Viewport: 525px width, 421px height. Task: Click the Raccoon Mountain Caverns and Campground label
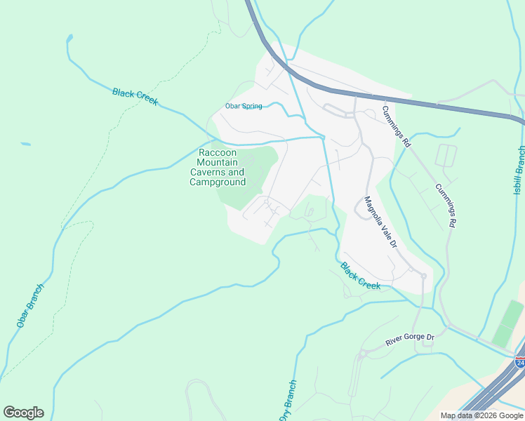[x=218, y=168]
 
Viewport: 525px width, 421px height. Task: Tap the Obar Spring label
[x=243, y=107]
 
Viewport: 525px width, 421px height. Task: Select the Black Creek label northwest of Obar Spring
[x=135, y=97]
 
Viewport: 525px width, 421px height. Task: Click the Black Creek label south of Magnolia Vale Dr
[x=360, y=276]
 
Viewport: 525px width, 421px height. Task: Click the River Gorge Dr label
[x=411, y=340]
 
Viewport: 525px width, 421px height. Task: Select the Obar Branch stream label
[x=30, y=306]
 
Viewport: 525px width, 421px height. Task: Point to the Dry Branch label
[x=288, y=401]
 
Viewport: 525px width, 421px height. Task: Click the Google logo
[x=23, y=413]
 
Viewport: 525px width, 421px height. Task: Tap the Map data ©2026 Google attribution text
[x=481, y=415]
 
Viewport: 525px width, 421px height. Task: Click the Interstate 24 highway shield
[x=520, y=362]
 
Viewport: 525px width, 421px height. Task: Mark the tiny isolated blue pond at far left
[x=25, y=144]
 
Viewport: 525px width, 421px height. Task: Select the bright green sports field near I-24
[x=508, y=323]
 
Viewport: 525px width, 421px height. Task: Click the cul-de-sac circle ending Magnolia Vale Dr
[x=423, y=276]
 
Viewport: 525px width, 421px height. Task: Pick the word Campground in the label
[x=218, y=182]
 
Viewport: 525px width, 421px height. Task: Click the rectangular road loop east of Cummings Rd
[x=446, y=156]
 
